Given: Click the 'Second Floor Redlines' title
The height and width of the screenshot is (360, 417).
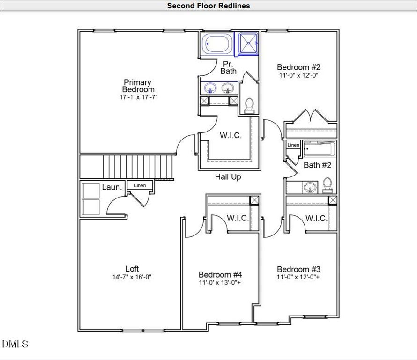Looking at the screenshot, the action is click(208, 6).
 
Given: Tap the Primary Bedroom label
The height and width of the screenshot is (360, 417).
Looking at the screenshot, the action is click(138, 86).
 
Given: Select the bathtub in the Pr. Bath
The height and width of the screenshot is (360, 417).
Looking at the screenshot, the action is click(217, 44).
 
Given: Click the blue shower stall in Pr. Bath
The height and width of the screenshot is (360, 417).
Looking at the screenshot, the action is click(248, 44).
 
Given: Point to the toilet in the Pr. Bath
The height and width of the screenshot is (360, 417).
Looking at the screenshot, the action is click(249, 105).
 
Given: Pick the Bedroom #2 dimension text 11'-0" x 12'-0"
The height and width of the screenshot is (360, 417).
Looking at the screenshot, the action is click(298, 75).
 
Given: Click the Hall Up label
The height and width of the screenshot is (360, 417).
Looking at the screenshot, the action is click(228, 177).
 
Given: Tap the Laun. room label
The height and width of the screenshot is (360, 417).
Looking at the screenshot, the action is click(112, 187).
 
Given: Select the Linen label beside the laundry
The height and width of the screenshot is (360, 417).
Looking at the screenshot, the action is click(140, 185).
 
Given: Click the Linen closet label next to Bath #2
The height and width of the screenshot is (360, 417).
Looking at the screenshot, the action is click(293, 145).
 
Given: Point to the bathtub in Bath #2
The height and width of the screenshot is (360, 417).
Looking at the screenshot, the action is click(320, 149).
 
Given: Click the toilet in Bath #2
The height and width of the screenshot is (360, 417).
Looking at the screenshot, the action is click(328, 185).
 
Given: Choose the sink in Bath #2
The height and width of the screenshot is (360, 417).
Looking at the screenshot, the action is click(310, 187).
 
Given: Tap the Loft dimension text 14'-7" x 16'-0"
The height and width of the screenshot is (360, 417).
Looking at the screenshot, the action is click(132, 277).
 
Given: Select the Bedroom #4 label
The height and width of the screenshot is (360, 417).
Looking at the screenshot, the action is click(220, 274).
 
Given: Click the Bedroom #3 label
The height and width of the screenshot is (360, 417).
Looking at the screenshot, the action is click(298, 269).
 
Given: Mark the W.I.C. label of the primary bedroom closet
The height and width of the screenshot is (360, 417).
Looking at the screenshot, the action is click(231, 135).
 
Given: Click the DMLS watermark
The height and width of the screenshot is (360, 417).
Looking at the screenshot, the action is click(15, 344).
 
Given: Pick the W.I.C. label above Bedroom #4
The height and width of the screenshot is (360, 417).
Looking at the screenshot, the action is click(238, 218).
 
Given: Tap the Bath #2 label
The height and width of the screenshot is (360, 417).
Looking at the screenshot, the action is click(317, 165).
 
